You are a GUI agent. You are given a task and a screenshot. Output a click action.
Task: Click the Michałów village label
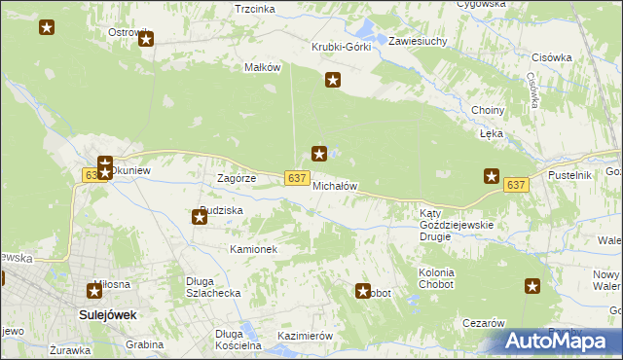click(336, 185)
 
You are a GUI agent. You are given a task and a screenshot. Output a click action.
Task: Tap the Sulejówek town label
click(106, 314)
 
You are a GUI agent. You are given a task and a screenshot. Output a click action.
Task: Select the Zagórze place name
click(236, 178)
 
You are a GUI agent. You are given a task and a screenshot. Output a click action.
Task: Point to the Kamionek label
click(254, 249)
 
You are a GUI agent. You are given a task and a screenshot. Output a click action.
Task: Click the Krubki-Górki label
click(341, 47)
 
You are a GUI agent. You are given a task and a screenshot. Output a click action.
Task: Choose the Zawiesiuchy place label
click(418, 42)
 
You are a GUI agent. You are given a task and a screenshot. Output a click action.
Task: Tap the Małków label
click(262, 67)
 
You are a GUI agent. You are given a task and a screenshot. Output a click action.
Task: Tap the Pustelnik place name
click(570, 174)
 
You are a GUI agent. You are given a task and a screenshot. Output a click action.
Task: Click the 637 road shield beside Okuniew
click(92, 174)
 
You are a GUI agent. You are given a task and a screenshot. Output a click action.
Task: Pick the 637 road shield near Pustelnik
click(516, 184)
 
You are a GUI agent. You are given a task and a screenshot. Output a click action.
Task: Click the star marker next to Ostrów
click(147, 40)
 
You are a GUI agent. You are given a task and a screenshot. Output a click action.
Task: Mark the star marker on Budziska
click(200, 216)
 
